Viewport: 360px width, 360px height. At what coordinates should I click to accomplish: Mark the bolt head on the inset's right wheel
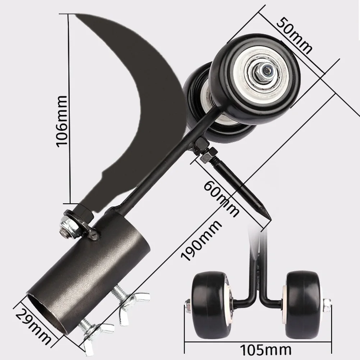[x=327, y=305]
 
